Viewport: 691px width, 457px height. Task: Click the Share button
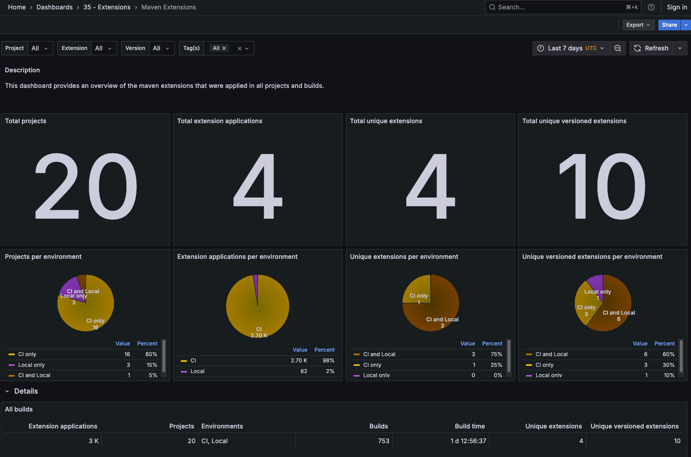coord(669,25)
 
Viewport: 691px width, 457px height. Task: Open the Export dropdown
coord(638,25)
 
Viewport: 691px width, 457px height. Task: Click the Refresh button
coord(652,48)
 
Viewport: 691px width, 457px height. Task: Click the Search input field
coord(558,7)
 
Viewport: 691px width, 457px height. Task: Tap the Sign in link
coord(677,7)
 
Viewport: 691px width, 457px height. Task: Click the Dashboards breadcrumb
coord(54,7)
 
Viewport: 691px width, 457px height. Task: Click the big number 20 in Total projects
coord(86,186)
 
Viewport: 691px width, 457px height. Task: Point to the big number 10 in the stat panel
coord(602,186)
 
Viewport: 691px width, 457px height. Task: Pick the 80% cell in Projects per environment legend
coord(151,354)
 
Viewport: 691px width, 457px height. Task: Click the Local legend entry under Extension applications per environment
coord(197,371)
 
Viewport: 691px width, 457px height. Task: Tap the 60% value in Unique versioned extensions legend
coord(668,354)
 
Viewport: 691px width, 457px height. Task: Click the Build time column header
coord(470,426)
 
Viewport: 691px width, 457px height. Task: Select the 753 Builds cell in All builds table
coord(383,441)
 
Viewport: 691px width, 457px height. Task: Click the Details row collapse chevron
coord(7,391)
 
